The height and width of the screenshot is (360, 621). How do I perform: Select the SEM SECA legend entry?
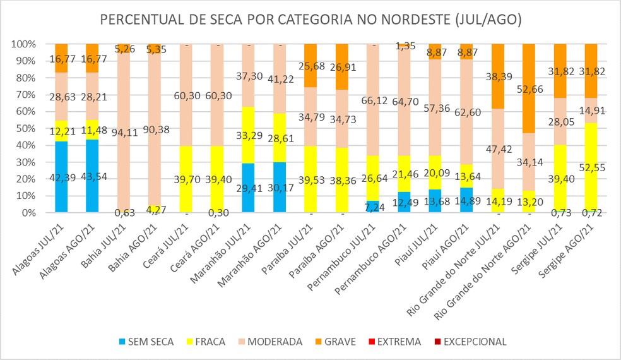coord(149,342)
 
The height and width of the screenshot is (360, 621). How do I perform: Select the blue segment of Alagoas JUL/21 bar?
coord(61,177)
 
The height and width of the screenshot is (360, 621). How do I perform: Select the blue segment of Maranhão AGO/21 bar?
coord(279,188)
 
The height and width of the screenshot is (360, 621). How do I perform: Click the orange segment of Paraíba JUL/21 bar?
coord(310,66)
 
